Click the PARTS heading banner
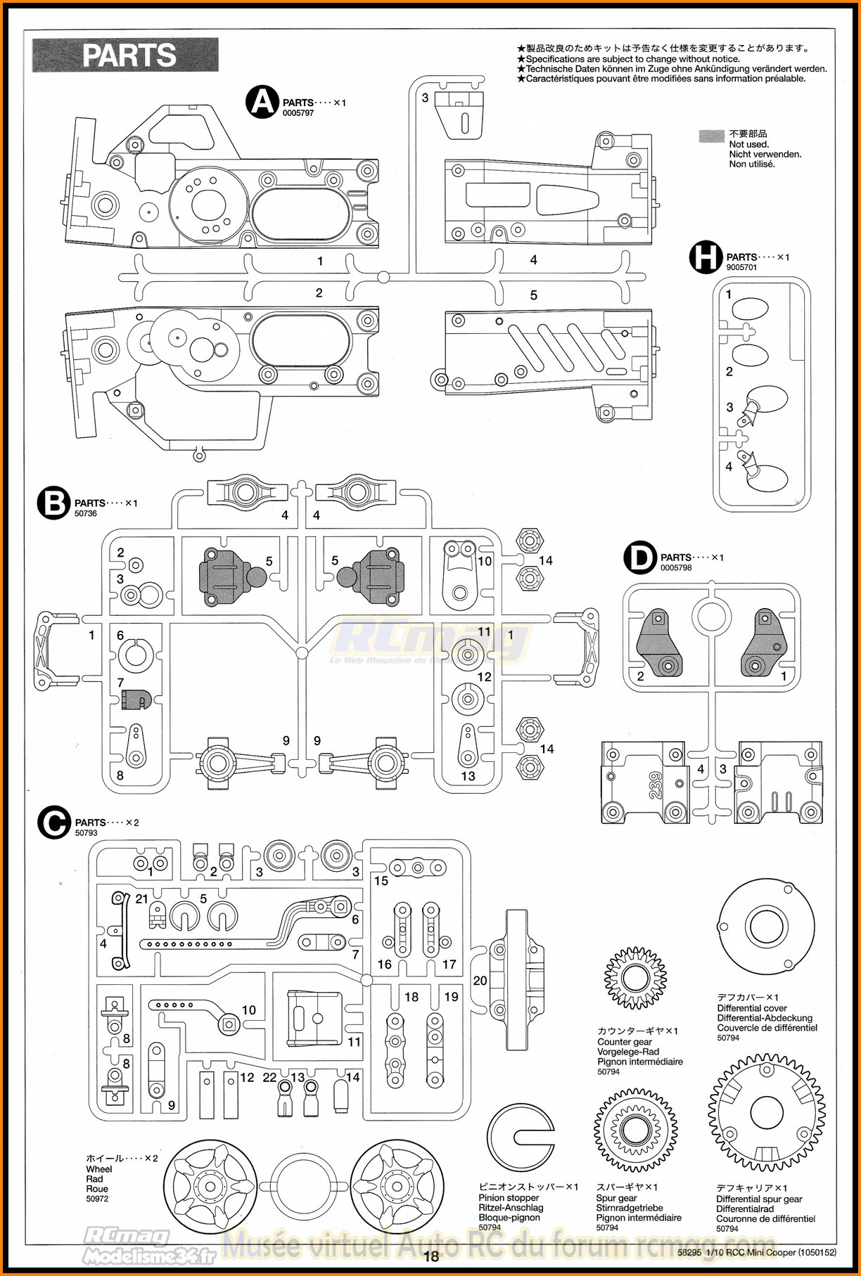pyautogui.click(x=125, y=56)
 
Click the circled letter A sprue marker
pyautogui.click(x=262, y=103)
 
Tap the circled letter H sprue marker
pyautogui.click(x=706, y=257)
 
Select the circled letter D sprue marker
pyautogui.click(x=639, y=558)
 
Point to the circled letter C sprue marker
pyautogui.click(x=54, y=823)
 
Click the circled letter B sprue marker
pyautogui.click(x=53, y=503)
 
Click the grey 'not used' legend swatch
pyautogui.click(x=711, y=136)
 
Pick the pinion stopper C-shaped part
pyautogui.click(x=521, y=1138)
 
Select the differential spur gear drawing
pyautogui.click(x=766, y=1112)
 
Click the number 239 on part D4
pyautogui.click(x=656, y=785)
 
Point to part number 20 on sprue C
pyautogui.click(x=480, y=981)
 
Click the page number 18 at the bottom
pyautogui.click(x=431, y=1256)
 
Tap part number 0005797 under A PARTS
pyautogui.click(x=298, y=113)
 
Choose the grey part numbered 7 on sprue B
pyautogui.click(x=135, y=700)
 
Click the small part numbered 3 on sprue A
pyautogui.click(x=461, y=112)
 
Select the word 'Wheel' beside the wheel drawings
pyautogui.click(x=99, y=1169)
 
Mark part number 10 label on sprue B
pyautogui.click(x=485, y=561)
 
